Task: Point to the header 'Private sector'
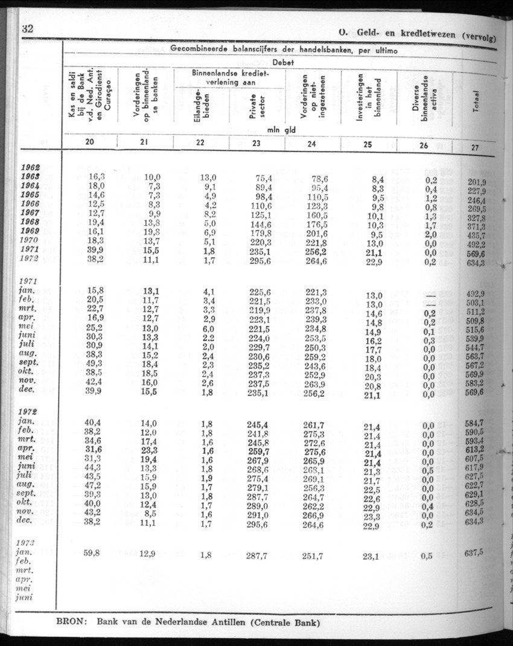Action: point(255,107)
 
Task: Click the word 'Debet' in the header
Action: point(284,62)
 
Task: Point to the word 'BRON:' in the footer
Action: point(73,623)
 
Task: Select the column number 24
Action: point(311,144)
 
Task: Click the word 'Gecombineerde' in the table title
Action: point(202,48)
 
